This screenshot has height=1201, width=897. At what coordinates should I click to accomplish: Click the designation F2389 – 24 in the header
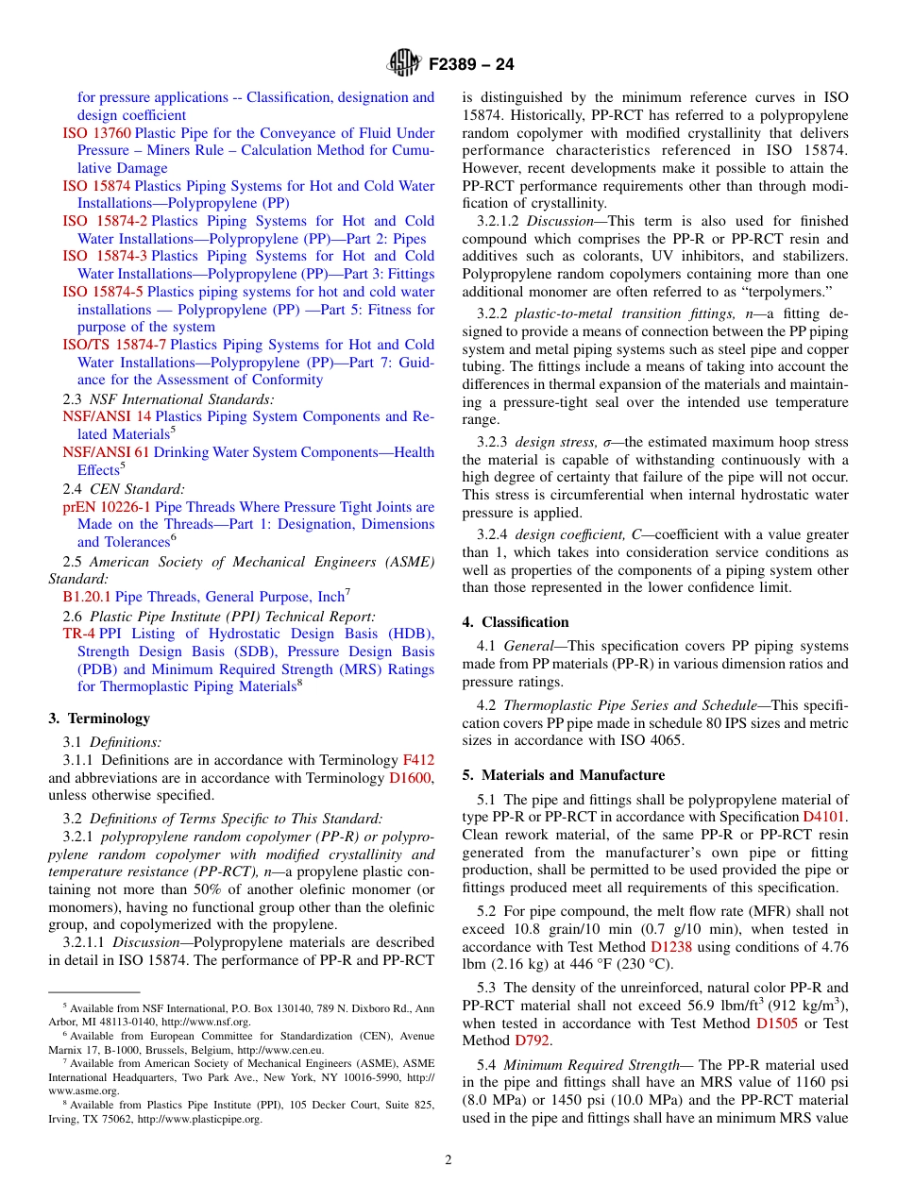coord(471,65)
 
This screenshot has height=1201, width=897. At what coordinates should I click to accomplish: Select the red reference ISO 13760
coord(104,133)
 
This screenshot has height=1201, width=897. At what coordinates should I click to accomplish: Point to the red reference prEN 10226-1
coord(100,507)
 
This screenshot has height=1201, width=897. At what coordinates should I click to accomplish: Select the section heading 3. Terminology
coord(86,719)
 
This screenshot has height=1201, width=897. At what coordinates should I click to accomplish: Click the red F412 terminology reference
coord(418,760)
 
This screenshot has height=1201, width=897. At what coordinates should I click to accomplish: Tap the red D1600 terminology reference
coord(410,778)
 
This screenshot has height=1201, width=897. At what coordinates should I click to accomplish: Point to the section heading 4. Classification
coord(516,622)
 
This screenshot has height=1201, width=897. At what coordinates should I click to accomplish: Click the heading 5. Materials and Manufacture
coord(563,775)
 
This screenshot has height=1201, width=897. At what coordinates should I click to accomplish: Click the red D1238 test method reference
coord(669,947)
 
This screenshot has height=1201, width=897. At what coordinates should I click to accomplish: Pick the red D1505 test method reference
coord(775,1023)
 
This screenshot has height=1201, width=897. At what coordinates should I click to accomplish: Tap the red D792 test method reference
coord(532,1040)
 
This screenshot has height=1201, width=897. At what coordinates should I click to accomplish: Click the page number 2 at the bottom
coord(448,1160)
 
